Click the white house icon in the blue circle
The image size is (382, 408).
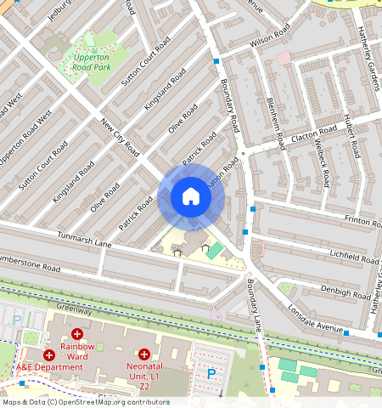coord(191,197)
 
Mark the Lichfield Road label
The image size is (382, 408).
coord(355,258)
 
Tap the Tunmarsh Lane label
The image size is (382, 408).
coord(84,239)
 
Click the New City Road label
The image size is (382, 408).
coord(120,137)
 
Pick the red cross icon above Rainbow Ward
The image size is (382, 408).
coord(77,334)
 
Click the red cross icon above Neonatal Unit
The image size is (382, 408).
coord(144,353)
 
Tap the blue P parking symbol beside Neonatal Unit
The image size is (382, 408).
coord(211,372)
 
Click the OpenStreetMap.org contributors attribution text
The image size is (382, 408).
coord(123,402)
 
